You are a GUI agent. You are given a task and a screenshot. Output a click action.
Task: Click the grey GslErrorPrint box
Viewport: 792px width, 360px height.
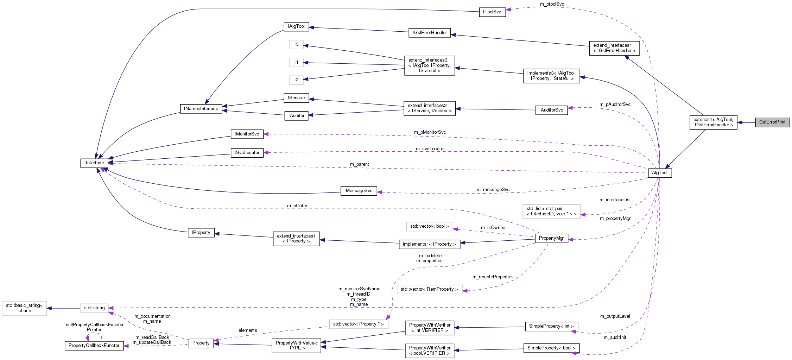coord(772,122)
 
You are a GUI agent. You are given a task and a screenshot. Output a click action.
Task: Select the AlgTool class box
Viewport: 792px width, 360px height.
coord(660,173)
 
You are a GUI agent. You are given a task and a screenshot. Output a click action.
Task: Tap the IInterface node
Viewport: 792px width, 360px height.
coord(94,163)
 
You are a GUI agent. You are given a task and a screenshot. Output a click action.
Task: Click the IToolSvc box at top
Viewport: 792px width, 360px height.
coord(492,12)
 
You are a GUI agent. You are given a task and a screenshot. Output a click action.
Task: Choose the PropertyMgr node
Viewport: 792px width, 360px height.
coord(551,238)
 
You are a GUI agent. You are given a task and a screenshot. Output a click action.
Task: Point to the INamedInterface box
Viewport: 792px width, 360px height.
coord(201,109)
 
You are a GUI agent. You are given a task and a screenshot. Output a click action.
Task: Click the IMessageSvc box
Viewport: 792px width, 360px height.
coord(358,191)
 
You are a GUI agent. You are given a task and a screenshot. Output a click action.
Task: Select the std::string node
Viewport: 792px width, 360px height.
coord(94,308)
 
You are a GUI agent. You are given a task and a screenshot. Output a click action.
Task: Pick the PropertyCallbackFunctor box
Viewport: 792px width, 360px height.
coord(94,346)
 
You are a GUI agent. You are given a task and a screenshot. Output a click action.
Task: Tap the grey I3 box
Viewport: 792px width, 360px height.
coord(296,44)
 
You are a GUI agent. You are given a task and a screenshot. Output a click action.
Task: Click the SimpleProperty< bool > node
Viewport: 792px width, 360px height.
coord(551,348)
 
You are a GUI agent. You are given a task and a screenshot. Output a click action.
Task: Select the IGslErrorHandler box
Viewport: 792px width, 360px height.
coord(429,33)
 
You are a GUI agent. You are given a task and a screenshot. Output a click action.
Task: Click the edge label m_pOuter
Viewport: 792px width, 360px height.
coord(297,206)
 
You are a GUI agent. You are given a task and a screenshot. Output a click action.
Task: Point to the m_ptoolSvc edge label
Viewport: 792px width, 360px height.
coord(552,4)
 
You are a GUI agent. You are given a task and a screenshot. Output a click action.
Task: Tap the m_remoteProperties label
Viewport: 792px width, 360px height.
coord(493,277)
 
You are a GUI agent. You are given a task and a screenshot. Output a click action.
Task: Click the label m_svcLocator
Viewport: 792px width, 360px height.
coord(430,149)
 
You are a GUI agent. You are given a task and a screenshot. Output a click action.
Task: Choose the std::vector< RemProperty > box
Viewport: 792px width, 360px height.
coord(429,289)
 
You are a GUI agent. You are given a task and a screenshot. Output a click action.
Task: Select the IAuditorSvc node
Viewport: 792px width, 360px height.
coord(551,110)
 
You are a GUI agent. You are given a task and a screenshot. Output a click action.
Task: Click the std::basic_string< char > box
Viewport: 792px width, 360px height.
coord(24,308)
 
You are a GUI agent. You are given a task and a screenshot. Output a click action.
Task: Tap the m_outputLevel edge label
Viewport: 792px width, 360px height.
coord(615,316)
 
